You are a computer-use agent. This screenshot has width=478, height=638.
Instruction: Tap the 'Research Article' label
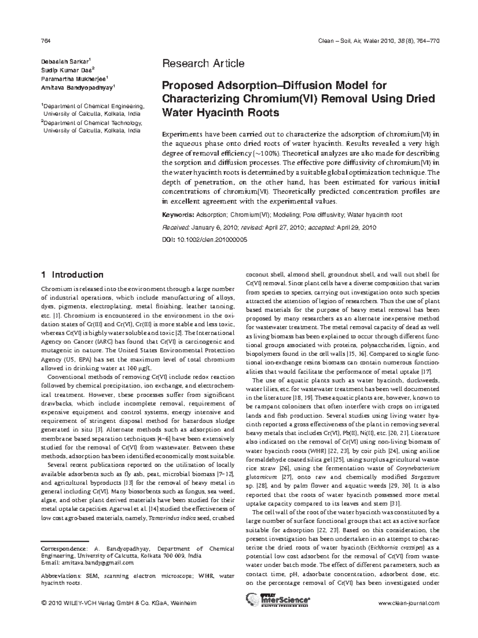[x=203, y=63]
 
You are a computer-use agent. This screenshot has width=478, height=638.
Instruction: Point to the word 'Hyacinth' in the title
[x=221, y=113]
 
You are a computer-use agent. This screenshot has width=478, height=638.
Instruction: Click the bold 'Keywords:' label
[x=178, y=215]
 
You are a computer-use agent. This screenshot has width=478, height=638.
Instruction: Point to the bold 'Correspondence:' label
[x=64, y=549]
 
